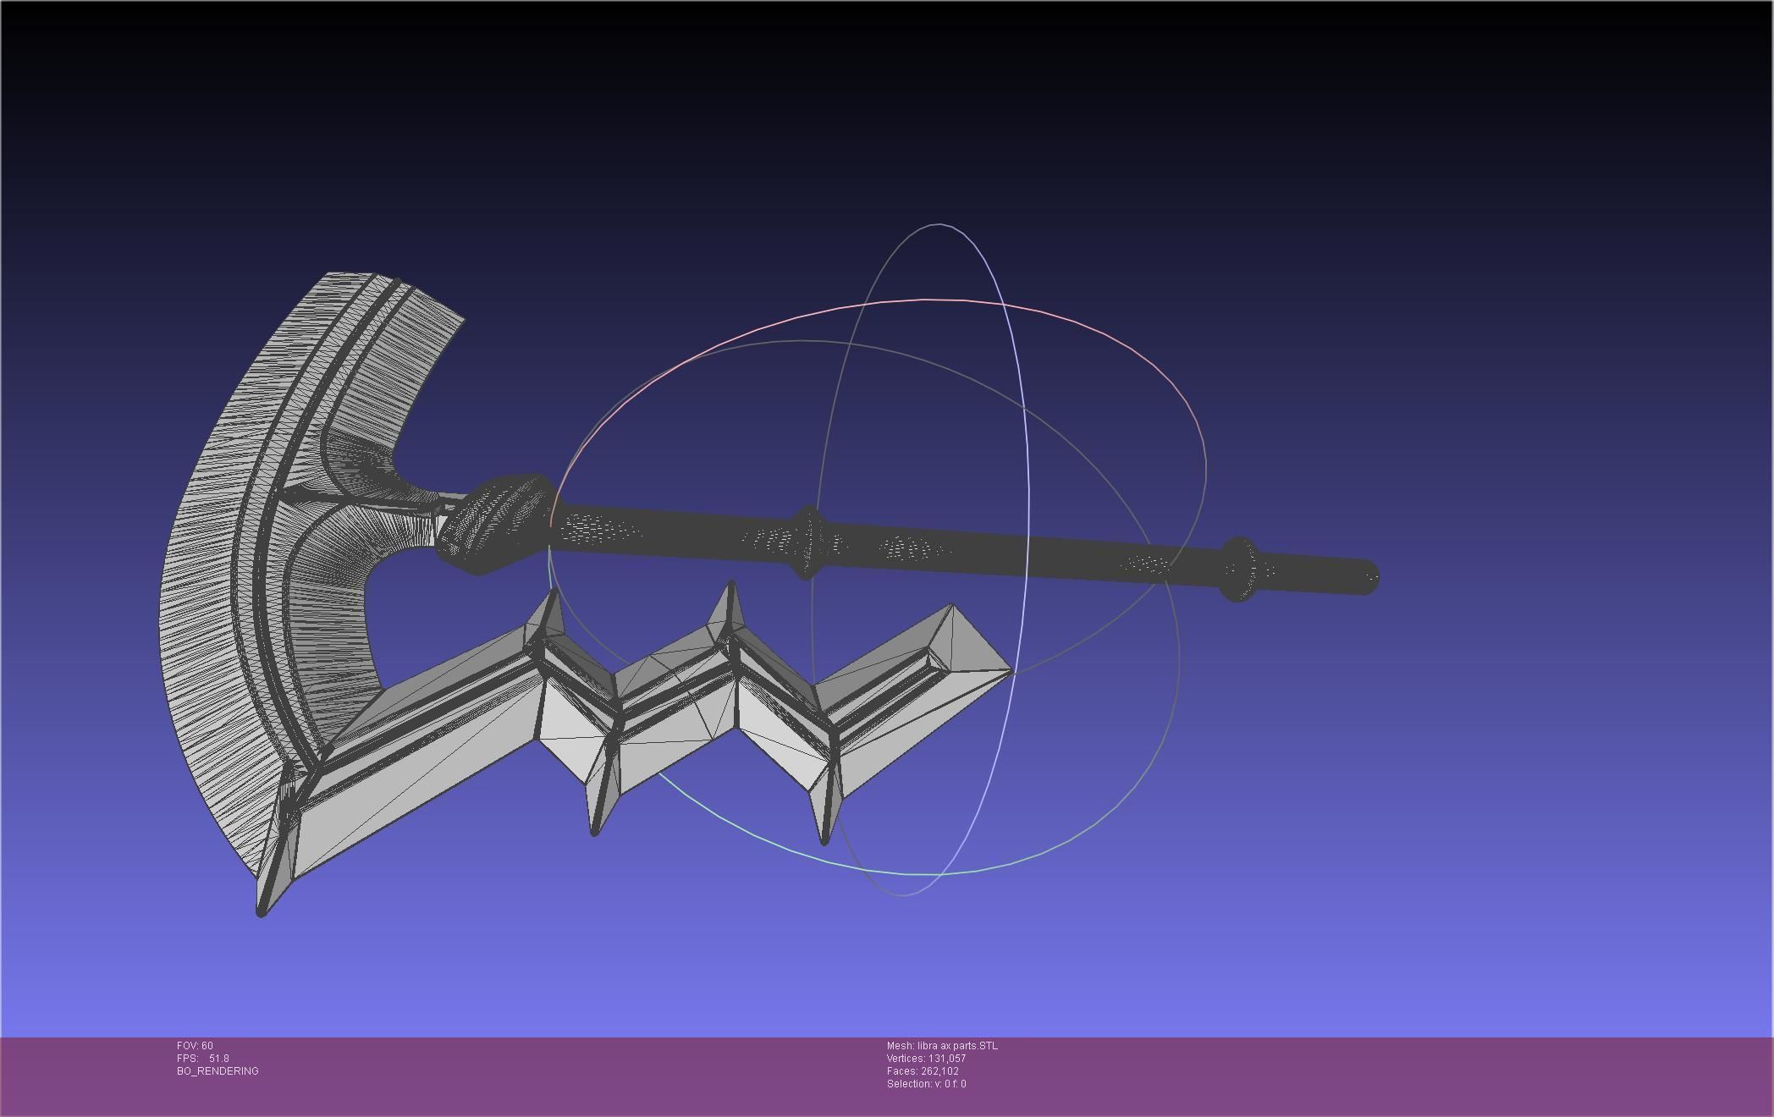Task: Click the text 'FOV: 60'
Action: pyautogui.click(x=195, y=1046)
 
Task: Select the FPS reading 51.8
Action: pyautogui.click(x=218, y=1059)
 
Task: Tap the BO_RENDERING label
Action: pyautogui.click(x=218, y=1071)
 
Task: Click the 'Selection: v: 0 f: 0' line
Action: pyautogui.click(x=926, y=1084)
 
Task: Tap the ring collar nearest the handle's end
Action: pyautogui.click(x=1239, y=569)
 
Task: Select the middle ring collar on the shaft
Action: pyautogui.click(x=808, y=542)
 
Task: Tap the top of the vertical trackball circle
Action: pyautogui.click(x=938, y=225)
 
